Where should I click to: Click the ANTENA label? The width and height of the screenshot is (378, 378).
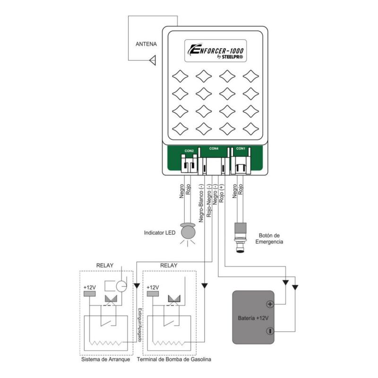146,45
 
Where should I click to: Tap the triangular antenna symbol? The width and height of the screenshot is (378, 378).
153,60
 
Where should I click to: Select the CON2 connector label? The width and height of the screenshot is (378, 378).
189,151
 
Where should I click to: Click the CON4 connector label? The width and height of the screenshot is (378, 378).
214,148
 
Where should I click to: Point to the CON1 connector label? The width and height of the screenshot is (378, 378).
241,148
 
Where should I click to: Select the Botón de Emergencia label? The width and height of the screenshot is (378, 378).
270,238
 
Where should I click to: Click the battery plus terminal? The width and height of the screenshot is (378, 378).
270,305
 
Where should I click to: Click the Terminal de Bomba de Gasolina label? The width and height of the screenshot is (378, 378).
174,360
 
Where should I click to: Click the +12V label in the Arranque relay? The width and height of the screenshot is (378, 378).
89,287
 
